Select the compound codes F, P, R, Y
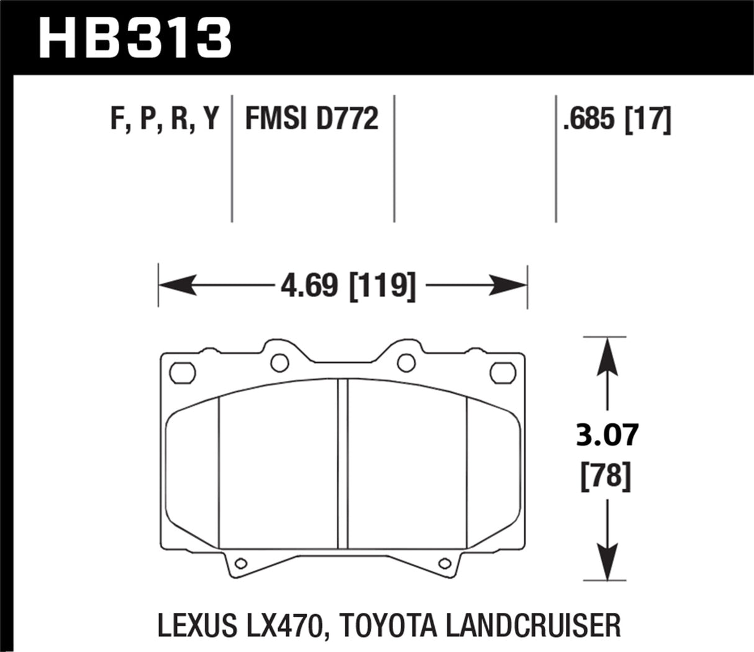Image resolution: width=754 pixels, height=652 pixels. [165, 118]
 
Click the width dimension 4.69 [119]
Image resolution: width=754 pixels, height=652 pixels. [347, 287]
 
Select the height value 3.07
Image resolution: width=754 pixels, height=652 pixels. [606, 435]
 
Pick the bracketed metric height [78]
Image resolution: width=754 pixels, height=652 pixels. [606, 477]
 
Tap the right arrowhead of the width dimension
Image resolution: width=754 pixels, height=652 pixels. [509, 287]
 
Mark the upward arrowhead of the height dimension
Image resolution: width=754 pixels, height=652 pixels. [606, 357]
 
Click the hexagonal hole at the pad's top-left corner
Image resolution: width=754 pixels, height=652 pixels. [183, 373]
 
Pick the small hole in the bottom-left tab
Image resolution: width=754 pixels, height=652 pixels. [241, 564]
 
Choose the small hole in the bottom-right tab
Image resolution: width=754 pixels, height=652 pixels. [444, 564]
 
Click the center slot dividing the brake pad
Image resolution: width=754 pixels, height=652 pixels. [342, 463]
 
